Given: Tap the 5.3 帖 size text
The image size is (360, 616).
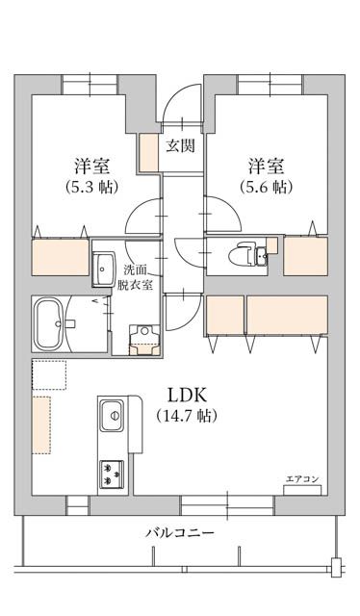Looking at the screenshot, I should [91, 187].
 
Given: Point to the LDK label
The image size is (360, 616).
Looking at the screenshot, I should [187, 395].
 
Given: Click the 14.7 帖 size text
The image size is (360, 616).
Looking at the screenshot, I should [187, 416].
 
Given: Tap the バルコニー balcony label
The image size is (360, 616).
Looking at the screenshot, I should [180, 532].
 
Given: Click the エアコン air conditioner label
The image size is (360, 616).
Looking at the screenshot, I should [301, 478].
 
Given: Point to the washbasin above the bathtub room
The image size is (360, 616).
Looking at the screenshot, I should [103, 269].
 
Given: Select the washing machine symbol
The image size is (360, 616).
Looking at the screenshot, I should [143, 337].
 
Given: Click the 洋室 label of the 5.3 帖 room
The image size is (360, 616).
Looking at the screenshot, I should [91, 164].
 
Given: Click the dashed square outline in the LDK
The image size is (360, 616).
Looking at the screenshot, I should [48, 375].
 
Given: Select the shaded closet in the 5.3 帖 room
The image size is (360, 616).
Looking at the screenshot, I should [61, 258].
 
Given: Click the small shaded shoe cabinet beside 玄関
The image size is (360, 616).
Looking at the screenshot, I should [148, 152].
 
